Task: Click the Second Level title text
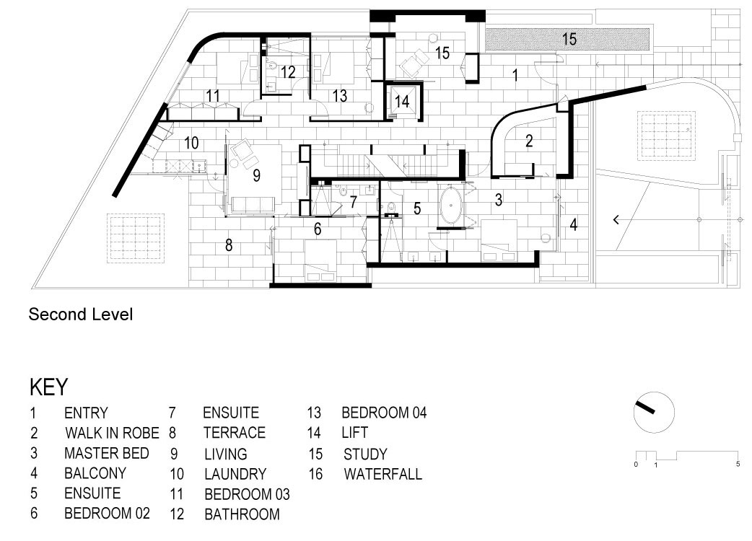click(x=81, y=315)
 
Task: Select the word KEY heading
click(x=48, y=387)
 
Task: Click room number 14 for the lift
click(x=402, y=101)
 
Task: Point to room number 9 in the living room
click(x=257, y=175)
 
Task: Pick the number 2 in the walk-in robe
click(x=529, y=141)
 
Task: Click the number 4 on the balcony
click(x=574, y=224)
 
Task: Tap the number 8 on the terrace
click(x=229, y=245)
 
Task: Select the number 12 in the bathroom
click(x=288, y=72)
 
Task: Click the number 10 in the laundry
click(x=191, y=143)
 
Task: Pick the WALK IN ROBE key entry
click(x=112, y=433)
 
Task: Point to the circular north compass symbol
click(x=654, y=412)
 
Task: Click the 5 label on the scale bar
click(x=738, y=464)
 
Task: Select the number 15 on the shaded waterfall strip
click(x=569, y=39)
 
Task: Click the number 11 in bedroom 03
click(x=213, y=96)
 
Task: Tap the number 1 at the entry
click(x=515, y=75)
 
